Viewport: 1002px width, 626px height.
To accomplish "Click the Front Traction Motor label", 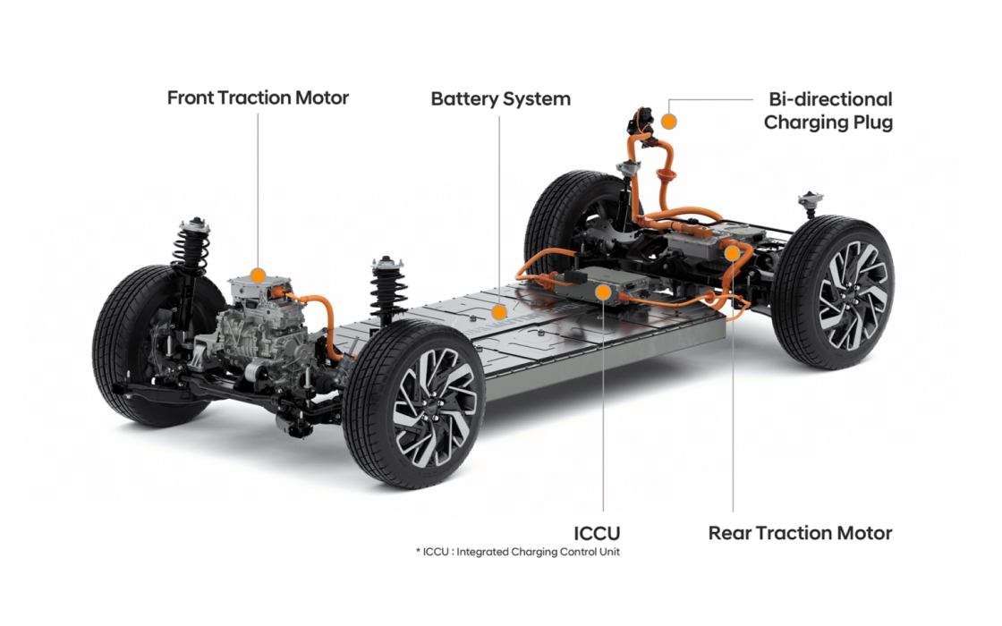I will pyautogui.click(x=258, y=97).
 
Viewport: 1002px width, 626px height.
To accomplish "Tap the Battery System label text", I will pyautogui.click(x=500, y=98).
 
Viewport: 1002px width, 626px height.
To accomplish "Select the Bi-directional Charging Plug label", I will pyautogui.click(x=828, y=110).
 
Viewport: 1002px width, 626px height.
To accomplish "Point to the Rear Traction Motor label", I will pyautogui.click(x=800, y=533).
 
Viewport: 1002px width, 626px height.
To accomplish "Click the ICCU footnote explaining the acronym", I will pyautogui.click(x=517, y=552).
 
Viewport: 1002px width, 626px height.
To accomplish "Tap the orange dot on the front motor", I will pyautogui.click(x=258, y=275).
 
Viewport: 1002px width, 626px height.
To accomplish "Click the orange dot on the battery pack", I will pyautogui.click(x=500, y=311).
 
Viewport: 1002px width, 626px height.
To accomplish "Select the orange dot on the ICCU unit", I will pyautogui.click(x=604, y=292).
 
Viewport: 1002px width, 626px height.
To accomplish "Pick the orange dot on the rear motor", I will pyautogui.click(x=733, y=253).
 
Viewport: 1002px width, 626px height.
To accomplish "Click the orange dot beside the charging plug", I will pyautogui.click(x=668, y=120).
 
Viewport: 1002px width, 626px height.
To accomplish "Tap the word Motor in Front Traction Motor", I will pyautogui.click(x=319, y=97).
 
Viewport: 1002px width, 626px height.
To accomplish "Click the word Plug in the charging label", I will pyautogui.click(x=870, y=123).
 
